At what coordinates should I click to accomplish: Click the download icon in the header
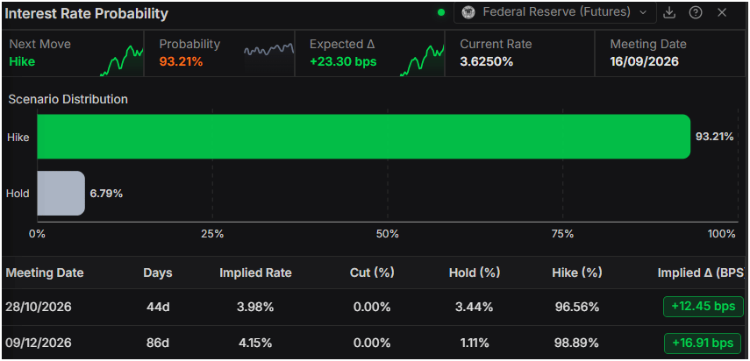pos(669,13)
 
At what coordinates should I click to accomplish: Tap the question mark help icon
pos(696,13)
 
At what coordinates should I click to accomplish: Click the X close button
pos(722,13)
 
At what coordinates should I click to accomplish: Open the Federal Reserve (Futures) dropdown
pos(555,12)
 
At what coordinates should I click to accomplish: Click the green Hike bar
pos(364,137)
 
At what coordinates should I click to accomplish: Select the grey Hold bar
pos(61,194)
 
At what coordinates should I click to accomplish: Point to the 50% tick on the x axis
pos(388,234)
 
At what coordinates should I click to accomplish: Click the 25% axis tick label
pos(212,234)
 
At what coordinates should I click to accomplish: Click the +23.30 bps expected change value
pos(343,61)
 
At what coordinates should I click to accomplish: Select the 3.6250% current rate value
pos(487,61)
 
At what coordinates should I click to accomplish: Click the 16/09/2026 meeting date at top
pos(644,61)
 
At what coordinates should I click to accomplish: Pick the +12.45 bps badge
pos(704,307)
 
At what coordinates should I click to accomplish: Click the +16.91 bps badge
pos(703,343)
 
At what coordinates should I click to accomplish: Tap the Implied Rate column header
pos(255,273)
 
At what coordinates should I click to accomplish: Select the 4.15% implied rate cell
pos(256,343)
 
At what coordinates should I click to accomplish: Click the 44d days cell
pos(157,307)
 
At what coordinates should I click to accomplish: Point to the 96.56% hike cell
pos(577,307)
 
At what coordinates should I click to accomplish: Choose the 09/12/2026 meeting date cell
pos(39,343)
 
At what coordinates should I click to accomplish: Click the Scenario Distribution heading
pos(68,99)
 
